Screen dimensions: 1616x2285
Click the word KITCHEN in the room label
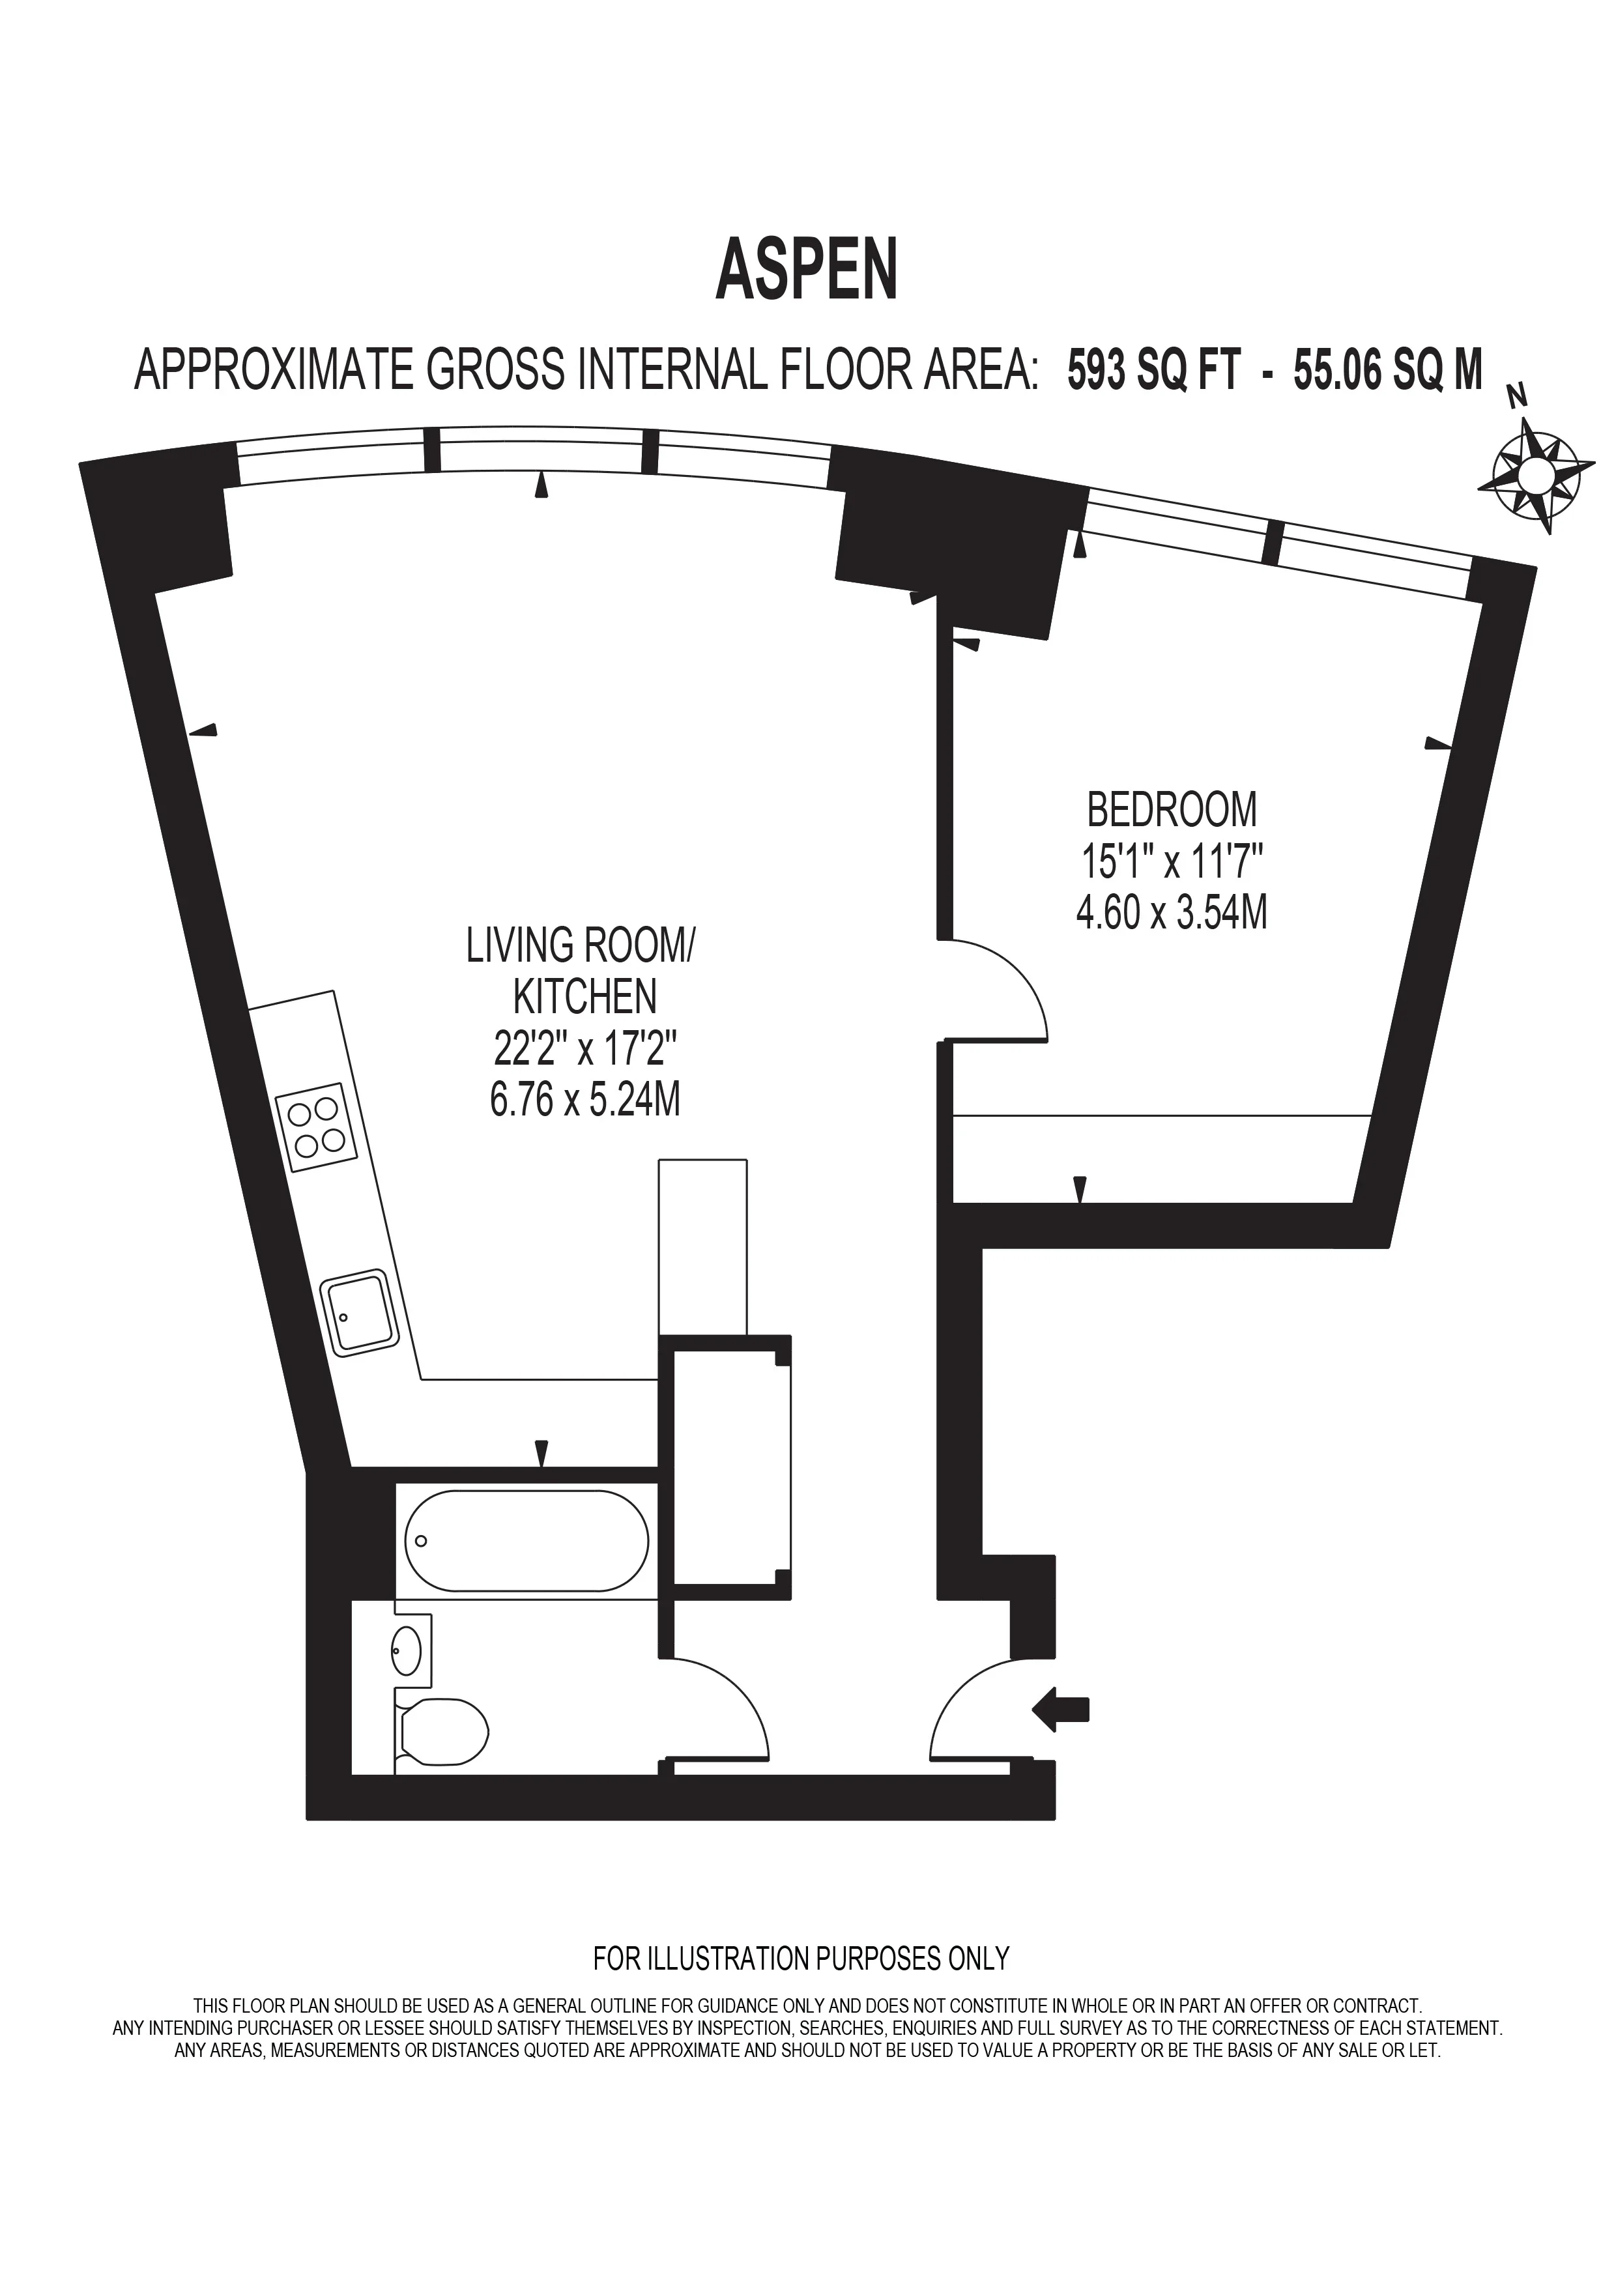(x=585, y=996)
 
